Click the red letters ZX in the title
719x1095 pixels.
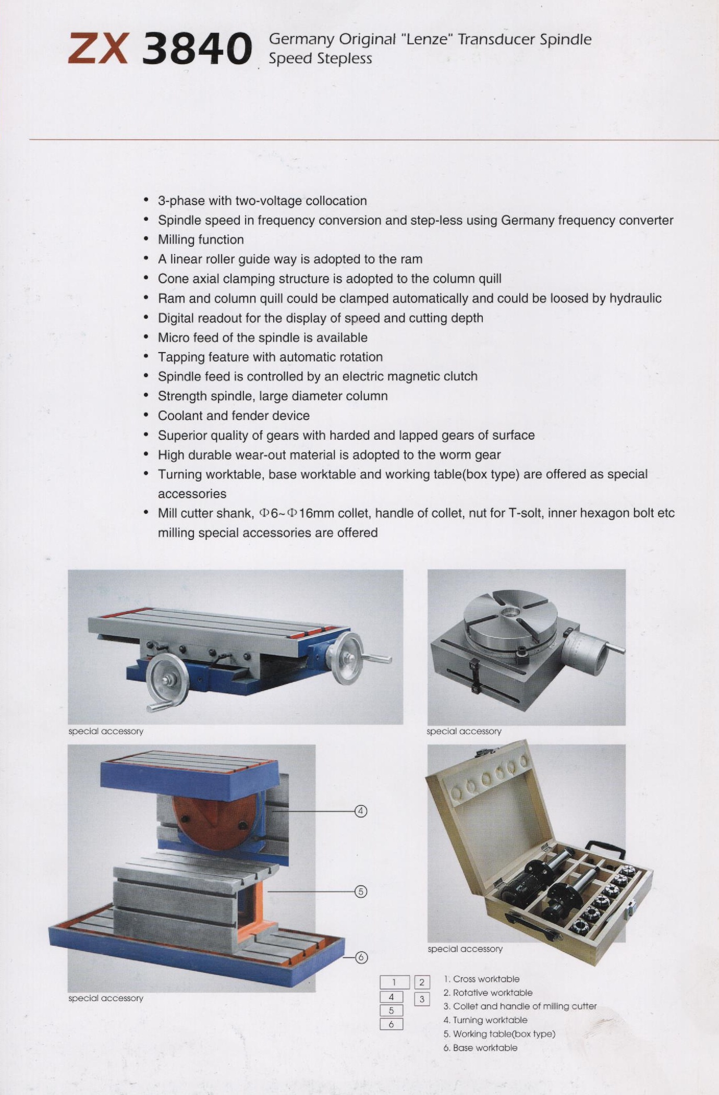98,49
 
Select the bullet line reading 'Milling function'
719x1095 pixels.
201,240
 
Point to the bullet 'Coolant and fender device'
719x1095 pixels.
234,416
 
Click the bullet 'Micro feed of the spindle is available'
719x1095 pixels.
262,338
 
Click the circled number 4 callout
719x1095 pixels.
361,811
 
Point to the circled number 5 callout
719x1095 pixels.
361,892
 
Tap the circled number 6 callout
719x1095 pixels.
361,957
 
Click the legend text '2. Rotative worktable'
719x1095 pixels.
488,993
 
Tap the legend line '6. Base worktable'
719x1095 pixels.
480,1048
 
